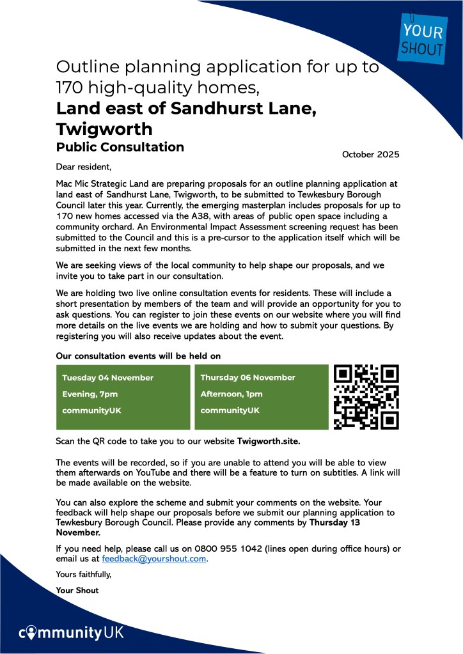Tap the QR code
pos(367,397)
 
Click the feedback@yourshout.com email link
pos(154,559)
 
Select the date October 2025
pos(370,154)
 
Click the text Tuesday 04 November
pos(107,378)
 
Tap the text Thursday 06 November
pos(247,378)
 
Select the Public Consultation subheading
pos(120,147)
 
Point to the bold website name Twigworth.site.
pos(269,441)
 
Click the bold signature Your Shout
pos(77,590)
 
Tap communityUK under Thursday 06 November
pos(230,410)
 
